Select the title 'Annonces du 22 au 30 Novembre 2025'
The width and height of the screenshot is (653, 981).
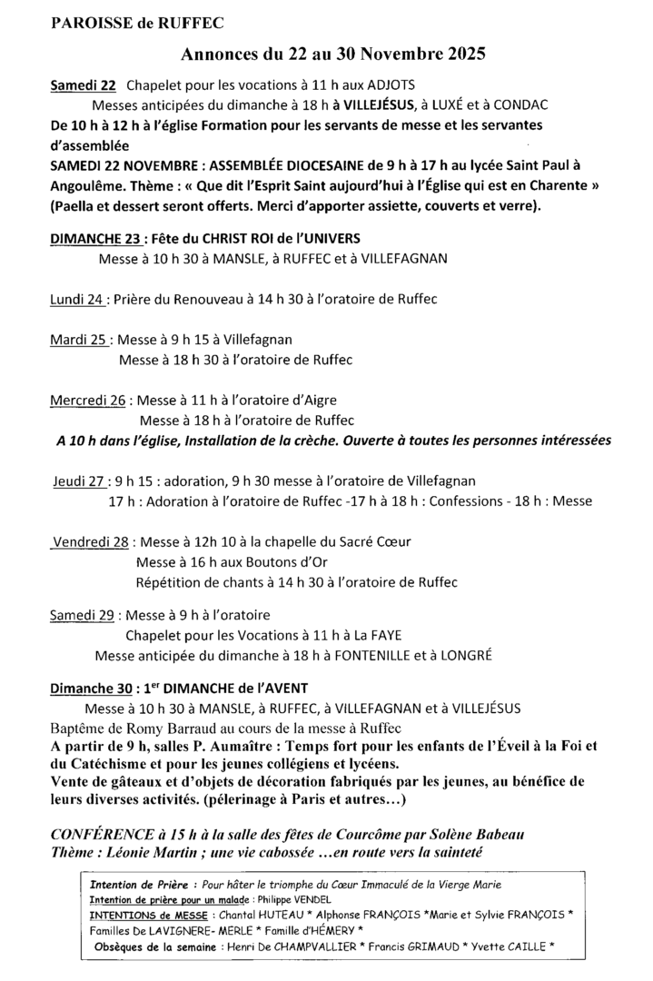pos(332,55)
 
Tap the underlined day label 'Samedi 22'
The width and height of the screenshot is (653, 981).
pos(83,86)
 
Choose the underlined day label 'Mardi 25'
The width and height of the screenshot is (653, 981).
pos(81,340)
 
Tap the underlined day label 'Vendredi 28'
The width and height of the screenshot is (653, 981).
pos(90,541)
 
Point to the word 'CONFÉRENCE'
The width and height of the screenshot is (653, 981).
pos(107,833)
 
